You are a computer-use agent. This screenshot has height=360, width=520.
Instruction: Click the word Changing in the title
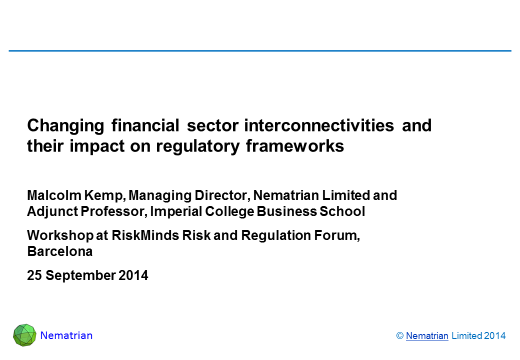click(x=65, y=126)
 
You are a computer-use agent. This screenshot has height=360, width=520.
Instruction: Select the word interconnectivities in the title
click(x=319, y=125)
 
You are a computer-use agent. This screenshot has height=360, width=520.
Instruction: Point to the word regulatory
click(x=197, y=146)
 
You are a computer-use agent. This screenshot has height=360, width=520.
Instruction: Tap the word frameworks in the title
click(x=295, y=146)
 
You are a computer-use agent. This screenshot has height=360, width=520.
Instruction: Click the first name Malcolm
click(x=54, y=195)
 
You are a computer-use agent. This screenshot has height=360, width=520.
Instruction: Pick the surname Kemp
click(x=105, y=196)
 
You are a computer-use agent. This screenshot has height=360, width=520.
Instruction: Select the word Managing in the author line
click(x=160, y=196)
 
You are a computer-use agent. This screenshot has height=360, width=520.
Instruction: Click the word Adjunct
click(x=52, y=212)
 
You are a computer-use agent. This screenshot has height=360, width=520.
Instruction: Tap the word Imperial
click(x=176, y=212)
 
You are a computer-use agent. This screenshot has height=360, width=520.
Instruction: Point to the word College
click(x=229, y=212)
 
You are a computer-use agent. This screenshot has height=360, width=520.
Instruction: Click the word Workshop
click(x=60, y=235)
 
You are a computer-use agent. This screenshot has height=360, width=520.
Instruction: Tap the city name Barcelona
click(x=59, y=251)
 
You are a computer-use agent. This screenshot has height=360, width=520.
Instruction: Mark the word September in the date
click(x=80, y=276)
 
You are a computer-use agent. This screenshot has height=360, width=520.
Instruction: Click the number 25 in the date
click(x=34, y=275)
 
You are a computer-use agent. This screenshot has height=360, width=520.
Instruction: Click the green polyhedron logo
click(x=24, y=335)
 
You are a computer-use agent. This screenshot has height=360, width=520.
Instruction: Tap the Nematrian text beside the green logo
click(x=66, y=335)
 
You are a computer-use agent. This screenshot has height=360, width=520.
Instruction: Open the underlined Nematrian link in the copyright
click(x=427, y=336)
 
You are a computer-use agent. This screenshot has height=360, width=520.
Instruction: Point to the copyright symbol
click(x=400, y=336)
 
